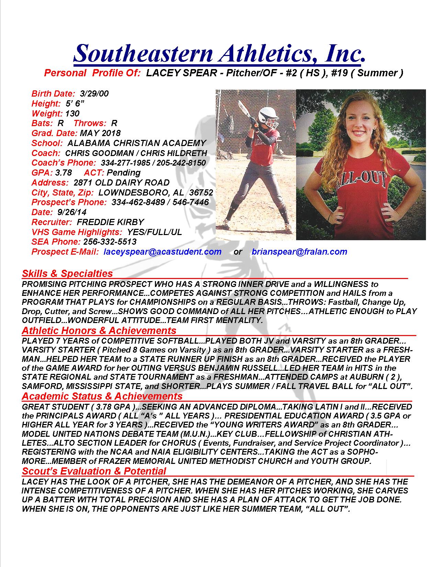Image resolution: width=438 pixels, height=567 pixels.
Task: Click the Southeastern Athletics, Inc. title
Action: pyautogui.click(x=219, y=53)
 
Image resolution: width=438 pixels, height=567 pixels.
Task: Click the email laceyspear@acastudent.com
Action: pyautogui.click(x=162, y=252)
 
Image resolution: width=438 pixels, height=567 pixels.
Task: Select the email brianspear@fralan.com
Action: pyautogui.click(x=299, y=252)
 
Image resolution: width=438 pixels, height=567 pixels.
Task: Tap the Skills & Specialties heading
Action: pyautogui.click(x=67, y=274)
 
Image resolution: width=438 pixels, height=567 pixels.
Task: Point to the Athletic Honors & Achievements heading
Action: pyautogui.click(x=99, y=331)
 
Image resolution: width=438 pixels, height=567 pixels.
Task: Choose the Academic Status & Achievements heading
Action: pyautogui.click(x=102, y=396)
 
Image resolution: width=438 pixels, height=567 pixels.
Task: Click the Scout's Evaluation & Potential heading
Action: pyautogui.click(x=94, y=471)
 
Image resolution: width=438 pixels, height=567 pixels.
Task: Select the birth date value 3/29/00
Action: pyautogui.click(x=94, y=93)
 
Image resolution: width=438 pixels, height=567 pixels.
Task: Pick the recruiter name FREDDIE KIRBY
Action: pyautogui.click(x=110, y=222)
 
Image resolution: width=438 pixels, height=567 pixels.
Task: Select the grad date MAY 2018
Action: pyautogui.click(x=100, y=133)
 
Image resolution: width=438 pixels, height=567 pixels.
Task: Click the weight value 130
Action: pyautogui.click(x=72, y=113)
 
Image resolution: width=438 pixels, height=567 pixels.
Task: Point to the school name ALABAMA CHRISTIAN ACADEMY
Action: pyautogui.click(x=137, y=143)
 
